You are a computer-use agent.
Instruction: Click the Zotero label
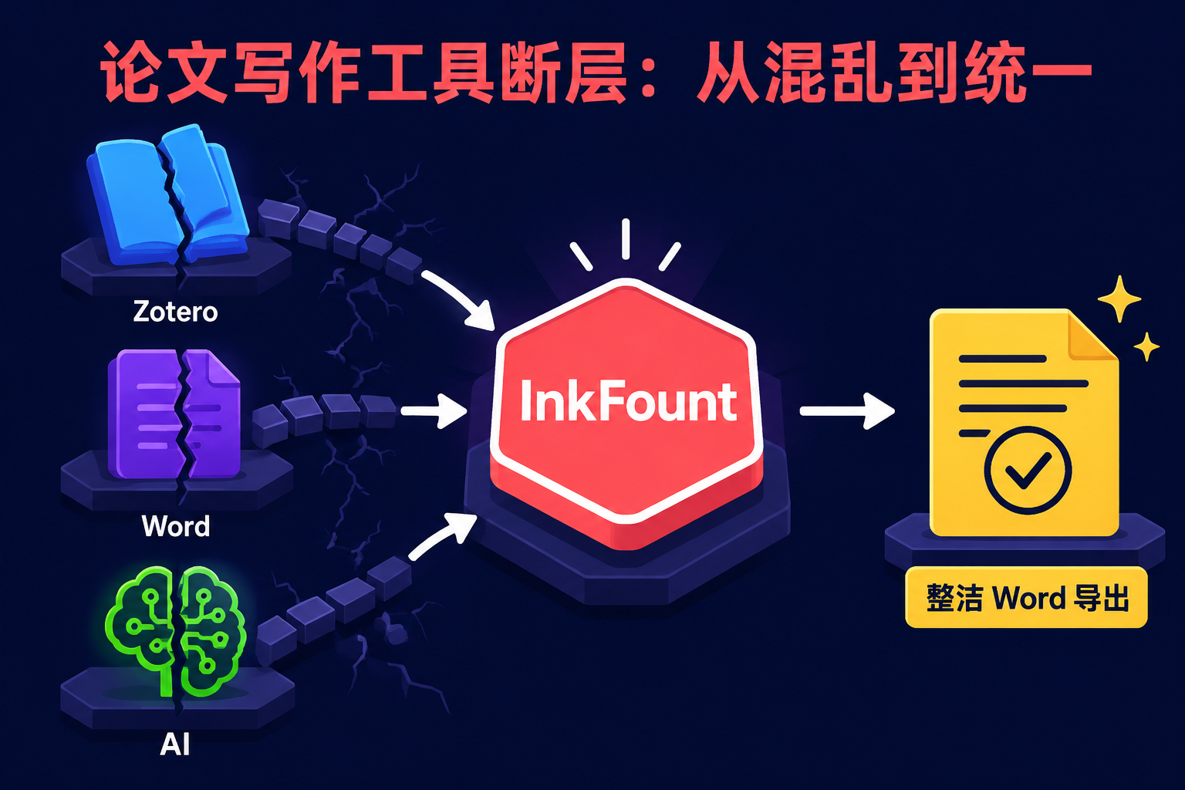click(175, 312)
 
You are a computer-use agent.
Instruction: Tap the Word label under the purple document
click(176, 526)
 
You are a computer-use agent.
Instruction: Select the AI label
click(174, 744)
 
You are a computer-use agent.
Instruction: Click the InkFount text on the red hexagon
click(629, 401)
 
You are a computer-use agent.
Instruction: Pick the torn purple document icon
click(174, 414)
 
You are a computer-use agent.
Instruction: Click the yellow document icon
click(1025, 422)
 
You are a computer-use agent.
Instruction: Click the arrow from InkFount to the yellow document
click(847, 411)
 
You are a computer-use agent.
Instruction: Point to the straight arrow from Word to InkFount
click(434, 410)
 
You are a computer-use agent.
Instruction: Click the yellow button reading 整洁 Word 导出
click(1026, 597)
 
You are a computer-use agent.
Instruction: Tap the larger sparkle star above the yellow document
click(1119, 299)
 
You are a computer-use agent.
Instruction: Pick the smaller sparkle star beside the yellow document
click(1146, 346)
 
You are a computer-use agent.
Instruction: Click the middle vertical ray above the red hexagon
click(626, 239)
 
